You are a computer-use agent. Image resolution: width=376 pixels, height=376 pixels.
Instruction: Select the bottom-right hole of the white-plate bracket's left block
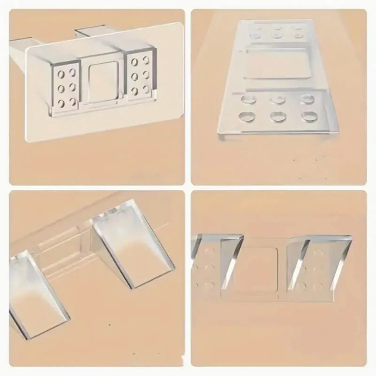72,100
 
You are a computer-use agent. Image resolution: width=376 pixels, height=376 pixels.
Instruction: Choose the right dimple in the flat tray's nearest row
309,115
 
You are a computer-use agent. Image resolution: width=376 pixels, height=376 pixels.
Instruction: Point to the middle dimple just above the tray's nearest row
276,99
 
